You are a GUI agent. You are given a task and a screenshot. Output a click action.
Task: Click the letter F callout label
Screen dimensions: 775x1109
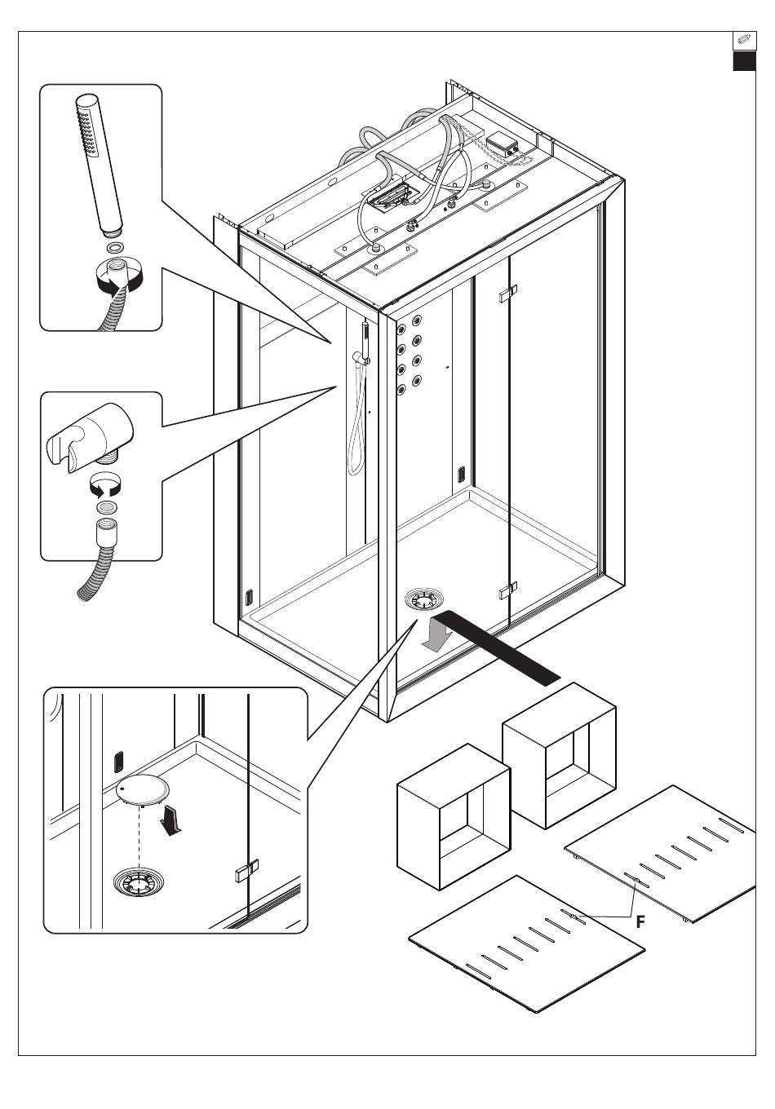click(x=640, y=921)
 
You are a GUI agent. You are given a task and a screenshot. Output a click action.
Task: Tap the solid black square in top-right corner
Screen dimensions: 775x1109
click(x=744, y=61)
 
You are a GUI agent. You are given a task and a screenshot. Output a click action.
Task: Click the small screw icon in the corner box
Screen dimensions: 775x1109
click(x=744, y=40)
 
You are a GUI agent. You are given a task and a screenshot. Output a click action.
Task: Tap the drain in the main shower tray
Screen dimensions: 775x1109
click(x=423, y=600)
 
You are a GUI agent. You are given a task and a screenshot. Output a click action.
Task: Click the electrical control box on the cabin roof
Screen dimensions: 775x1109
click(x=503, y=145)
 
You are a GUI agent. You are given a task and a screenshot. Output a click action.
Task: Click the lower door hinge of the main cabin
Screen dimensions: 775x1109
click(x=507, y=590)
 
